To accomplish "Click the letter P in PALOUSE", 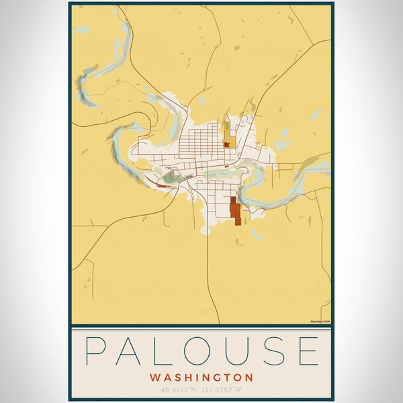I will point(97,351).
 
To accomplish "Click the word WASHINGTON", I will point(201,377).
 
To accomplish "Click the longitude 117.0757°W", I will point(224,390).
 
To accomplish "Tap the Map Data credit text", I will point(320,321).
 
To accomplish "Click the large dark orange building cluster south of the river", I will point(235,209).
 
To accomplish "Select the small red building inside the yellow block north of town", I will point(228,143).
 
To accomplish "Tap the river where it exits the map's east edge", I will point(326,165).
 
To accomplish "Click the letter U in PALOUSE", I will point(236,351).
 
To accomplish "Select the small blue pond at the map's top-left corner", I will point(81,30).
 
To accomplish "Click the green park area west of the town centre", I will point(172,177).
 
